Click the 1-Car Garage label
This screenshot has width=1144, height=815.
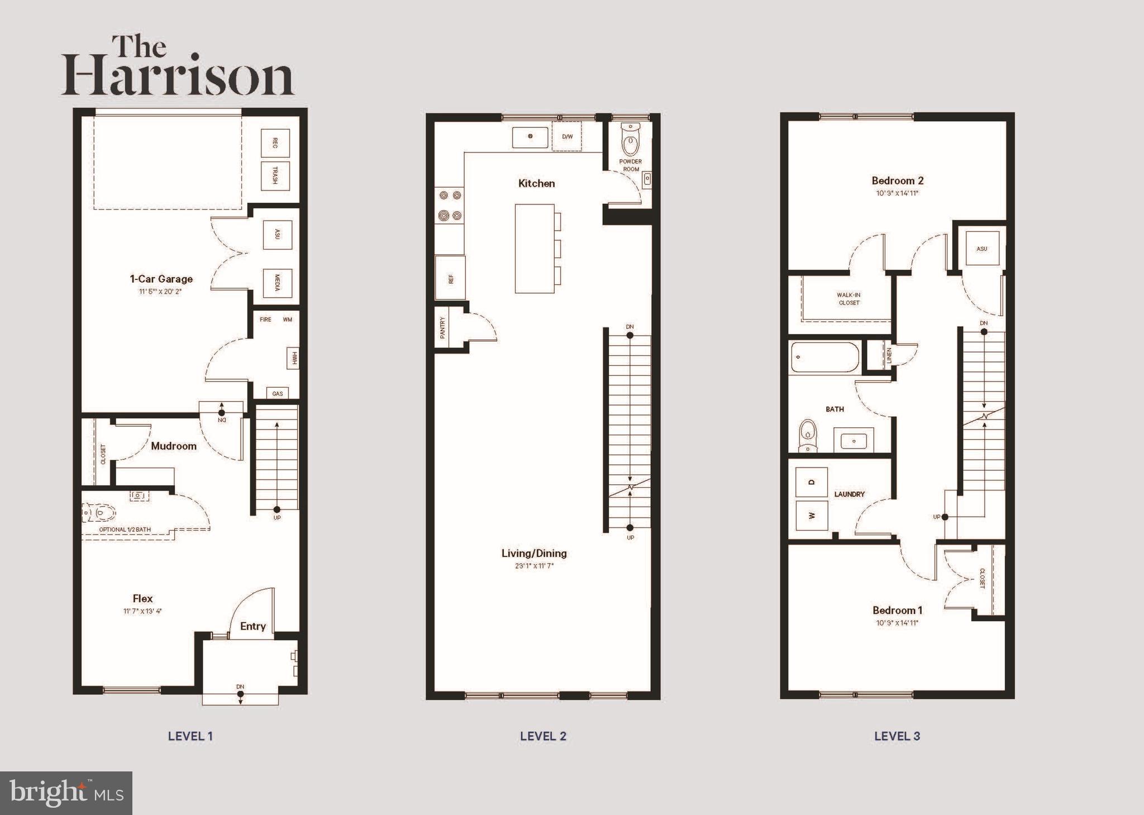(161, 279)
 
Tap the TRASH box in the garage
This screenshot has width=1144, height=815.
(275, 175)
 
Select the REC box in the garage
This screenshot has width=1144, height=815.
(275, 143)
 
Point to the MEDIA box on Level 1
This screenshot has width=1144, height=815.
(277, 283)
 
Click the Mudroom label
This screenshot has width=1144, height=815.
(174, 446)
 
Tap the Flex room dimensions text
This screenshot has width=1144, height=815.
(142, 611)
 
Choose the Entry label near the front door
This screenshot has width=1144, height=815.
(252, 626)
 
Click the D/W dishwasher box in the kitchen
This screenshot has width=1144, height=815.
(567, 137)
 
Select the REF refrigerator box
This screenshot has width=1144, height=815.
(450, 278)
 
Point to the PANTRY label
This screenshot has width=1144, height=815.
(442, 328)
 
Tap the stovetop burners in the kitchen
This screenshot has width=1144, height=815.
(450, 205)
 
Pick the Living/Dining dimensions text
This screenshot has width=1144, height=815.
(534, 566)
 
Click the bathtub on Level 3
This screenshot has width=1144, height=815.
(824, 358)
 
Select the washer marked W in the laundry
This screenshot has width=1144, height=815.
(811, 515)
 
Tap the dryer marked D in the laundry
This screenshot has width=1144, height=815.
(811, 482)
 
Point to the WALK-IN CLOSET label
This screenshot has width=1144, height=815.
(849, 299)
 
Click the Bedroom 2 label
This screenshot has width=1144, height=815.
(897, 180)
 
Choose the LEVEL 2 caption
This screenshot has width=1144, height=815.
(543, 736)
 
